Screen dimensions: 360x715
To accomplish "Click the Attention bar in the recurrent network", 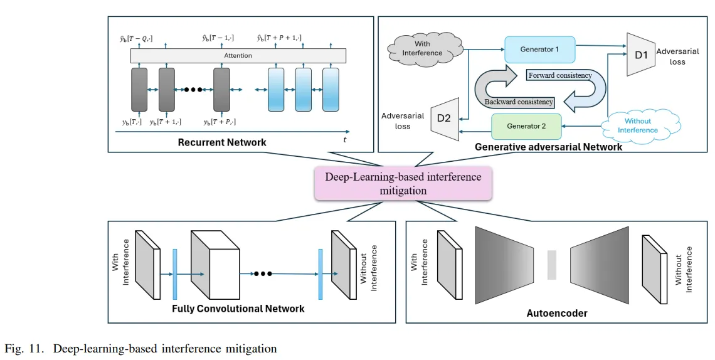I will point(238,56).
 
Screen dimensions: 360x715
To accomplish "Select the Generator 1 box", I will point(539,49).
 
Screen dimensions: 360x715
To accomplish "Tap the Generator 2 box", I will point(526,125).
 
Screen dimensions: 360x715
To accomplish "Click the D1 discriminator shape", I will point(640,55).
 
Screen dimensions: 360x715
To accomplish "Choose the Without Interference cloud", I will point(637,125).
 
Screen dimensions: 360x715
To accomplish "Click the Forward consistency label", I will point(559,75).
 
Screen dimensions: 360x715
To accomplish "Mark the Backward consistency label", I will point(519,102).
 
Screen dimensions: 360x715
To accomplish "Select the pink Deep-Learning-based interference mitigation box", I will point(403,183).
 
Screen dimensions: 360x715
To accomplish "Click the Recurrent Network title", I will point(222,142).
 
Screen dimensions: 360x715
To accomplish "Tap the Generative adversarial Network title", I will point(549,147).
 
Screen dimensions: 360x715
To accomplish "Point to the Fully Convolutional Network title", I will point(238,309).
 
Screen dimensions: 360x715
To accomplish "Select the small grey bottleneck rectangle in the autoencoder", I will point(552,265).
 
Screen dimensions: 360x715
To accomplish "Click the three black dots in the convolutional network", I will point(262,274).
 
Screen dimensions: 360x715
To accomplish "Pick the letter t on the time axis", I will point(344,139).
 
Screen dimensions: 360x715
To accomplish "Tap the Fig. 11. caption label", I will point(23,348).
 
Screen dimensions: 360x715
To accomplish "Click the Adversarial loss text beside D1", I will point(677,57).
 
